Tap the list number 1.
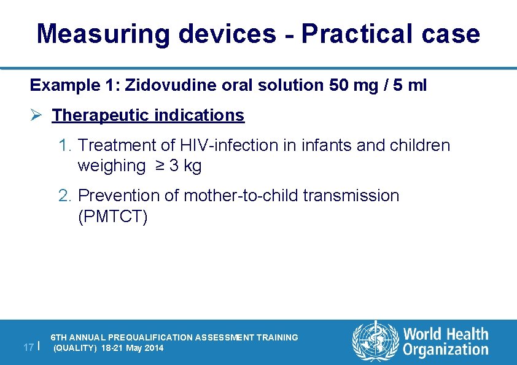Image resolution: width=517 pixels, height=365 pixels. pyautogui.click(x=64, y=145)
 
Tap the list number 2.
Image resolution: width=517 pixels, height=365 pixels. pyautogui.click(x=64, y=196)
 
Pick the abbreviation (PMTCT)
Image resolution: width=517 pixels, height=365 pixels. pyautogui.click(x=113, y=217)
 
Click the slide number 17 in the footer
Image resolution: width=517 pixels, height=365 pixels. pyautogui.click(x=28, y=347)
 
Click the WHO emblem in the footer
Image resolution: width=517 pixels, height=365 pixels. pyautogui.click(x=374, y=341)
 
